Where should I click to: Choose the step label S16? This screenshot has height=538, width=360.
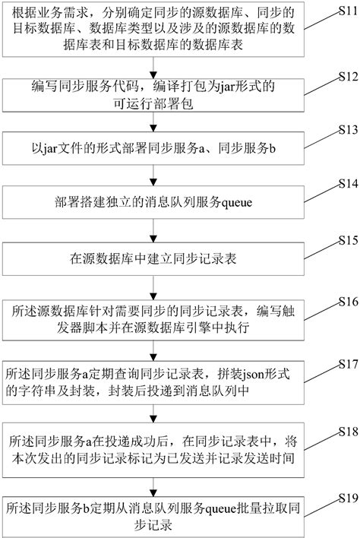346,300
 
